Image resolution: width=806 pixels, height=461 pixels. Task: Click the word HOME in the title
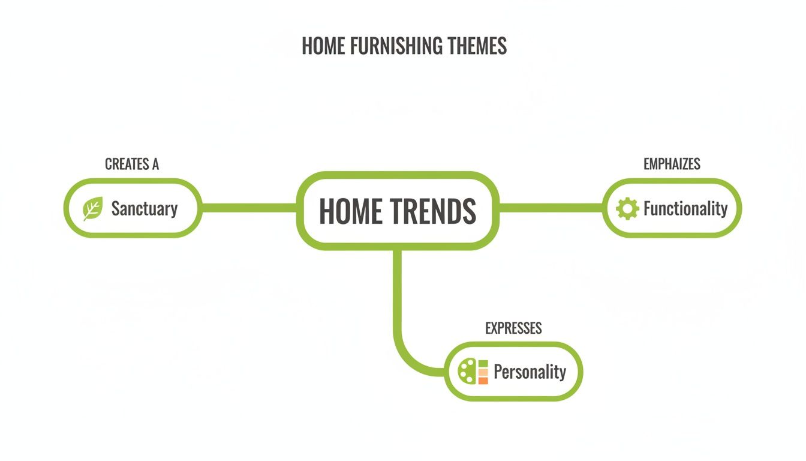[322, 46]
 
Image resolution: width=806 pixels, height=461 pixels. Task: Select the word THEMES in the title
[480, 46]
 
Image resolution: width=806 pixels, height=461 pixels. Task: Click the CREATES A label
[131, 164]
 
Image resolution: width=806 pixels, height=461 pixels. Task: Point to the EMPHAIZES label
[672, 164]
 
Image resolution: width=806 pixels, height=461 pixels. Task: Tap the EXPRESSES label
[513, 328]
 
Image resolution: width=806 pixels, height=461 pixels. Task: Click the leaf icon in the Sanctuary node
[92, 208]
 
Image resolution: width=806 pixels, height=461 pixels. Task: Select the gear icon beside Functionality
[627, 208]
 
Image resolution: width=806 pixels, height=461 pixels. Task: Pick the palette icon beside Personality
[467, 372]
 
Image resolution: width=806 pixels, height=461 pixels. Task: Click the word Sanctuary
[145, 208]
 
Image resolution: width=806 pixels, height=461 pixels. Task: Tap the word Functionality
[685, 208]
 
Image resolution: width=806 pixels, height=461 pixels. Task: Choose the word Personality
[530, 372]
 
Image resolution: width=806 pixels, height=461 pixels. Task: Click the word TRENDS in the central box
[433, 211]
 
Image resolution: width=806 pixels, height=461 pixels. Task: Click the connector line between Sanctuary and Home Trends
[249, 208]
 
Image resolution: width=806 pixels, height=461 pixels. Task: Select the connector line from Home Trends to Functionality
[551, 208]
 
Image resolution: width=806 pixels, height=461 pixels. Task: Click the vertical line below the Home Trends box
[397, 288]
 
